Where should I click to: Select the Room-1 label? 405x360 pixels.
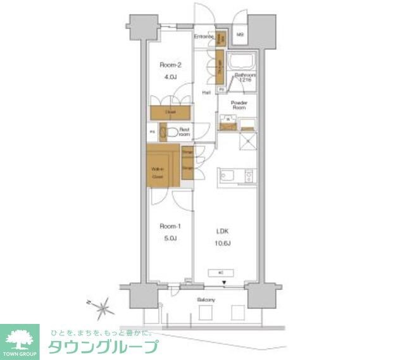167,226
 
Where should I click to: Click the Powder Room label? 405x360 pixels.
239,105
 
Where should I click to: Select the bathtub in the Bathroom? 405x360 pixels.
240,65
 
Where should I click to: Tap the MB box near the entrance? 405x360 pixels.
241,35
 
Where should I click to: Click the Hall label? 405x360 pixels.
206,93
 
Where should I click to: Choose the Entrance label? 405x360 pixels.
203,36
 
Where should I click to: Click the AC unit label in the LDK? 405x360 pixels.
220,273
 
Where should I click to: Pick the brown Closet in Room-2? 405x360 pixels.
170,113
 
